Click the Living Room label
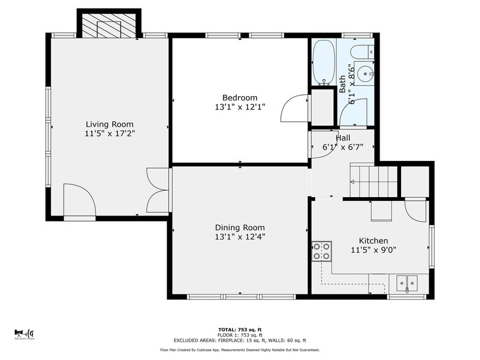point(110,124)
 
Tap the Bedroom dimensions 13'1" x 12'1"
point(239,107)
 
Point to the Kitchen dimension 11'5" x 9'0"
point(373,250)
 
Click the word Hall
point(343,138)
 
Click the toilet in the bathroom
point(362,50)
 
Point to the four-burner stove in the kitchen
point(322,251)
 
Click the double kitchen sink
point(406,283)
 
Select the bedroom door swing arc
point(294,110)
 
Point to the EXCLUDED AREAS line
point(239,340)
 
